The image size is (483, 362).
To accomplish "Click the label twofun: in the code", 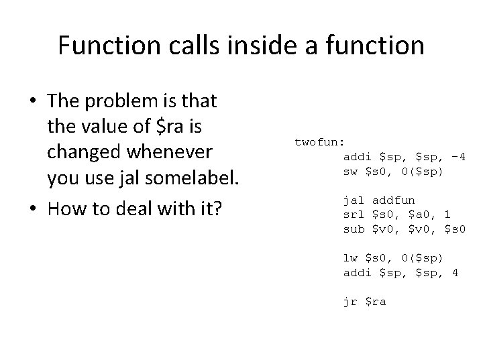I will (319, 142).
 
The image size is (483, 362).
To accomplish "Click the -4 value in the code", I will (459, 157).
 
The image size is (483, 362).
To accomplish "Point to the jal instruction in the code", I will (354, 200).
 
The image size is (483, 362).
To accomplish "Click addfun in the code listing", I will (394, 200).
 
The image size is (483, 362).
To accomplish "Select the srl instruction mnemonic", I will (354, 215).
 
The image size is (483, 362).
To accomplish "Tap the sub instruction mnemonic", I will (354, 229).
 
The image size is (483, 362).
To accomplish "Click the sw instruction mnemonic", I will (351, 172).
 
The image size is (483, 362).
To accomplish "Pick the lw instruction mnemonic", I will (351, 258).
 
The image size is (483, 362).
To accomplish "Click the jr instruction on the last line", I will (351, 302).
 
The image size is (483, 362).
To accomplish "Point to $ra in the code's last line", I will (376, 302).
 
